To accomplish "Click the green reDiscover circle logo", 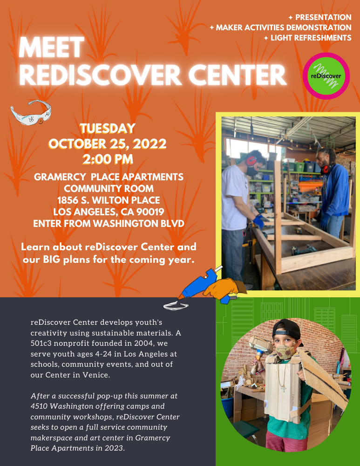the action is (x=326, y=76).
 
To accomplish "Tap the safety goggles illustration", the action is (x=31, y=112).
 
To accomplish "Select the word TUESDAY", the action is (x=108, y=129).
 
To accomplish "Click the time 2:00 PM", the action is (x=108, y=159).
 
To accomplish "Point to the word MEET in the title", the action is (x=51, y=47).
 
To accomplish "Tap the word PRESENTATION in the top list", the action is (x=323, y=17).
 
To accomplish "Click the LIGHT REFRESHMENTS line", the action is (x=311, y=38).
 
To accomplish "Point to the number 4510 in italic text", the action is (x=40, y=406).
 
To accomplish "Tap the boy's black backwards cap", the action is (x=286, y=329).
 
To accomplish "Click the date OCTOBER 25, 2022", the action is (x=108, y=144).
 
